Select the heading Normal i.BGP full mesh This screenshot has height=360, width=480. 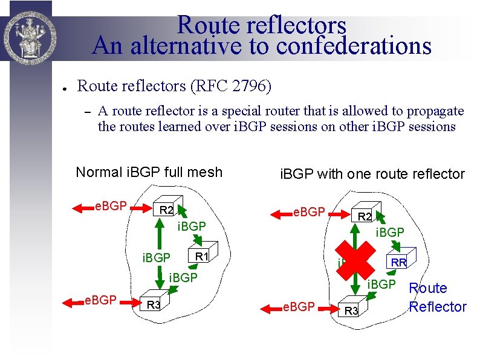(x=149, y=172)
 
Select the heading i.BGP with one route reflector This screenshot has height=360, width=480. (x=372, y=175)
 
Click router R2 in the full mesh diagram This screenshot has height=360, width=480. (x=164, y=209)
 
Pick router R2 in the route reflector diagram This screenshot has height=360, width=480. (x=364, y=215)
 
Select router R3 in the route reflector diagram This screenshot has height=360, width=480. (x=351, y=309)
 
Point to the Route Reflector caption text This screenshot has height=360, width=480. (x=437, y=298)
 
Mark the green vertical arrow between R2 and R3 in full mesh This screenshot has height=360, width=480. (x=158, y=244)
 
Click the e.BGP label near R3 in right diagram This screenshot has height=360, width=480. (x=299, y=307)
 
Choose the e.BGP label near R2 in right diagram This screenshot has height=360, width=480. (x=309, y=213)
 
